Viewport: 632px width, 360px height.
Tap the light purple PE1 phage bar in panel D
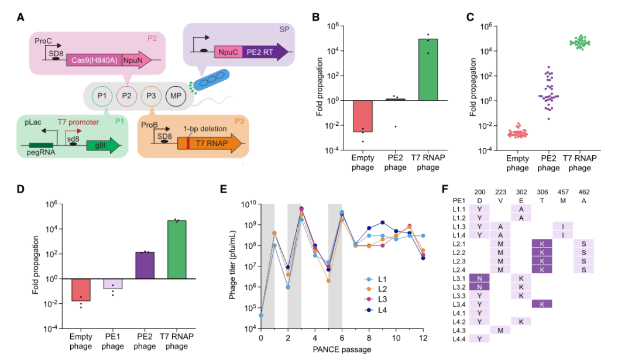[x=114, y=284]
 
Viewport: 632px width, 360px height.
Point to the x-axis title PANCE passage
[x=342, y=349]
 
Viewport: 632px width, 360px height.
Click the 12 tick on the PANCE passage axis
[x=423, y=338]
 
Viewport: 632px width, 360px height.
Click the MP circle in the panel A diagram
[x=175, y=95]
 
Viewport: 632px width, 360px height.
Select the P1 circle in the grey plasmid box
[x=102, y=95]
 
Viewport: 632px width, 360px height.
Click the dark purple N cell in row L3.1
[x=479, y=278]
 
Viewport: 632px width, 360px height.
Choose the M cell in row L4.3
[x=500, y=330]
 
